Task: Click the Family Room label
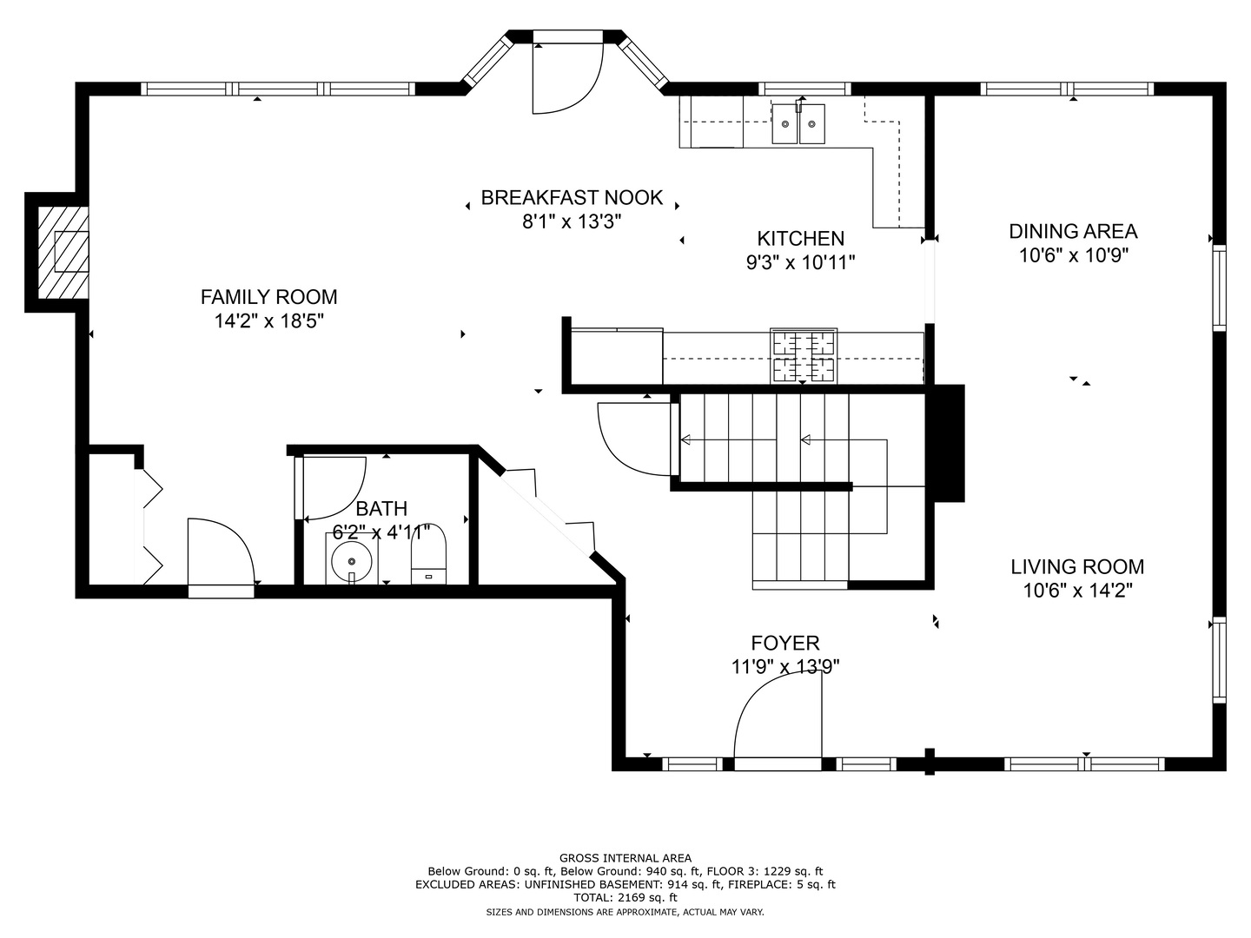[269, 297]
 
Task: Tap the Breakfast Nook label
[572, 198]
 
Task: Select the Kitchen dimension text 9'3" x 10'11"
[801, 262]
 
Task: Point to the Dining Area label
[1073, 231]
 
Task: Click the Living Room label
[1077, 566]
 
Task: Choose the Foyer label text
[785, 643]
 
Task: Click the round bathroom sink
[352, 561]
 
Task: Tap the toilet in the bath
[428, 553]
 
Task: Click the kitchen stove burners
[804, 356]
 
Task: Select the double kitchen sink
[798, 123]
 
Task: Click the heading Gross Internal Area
[625, 858]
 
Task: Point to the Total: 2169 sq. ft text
[625, 898]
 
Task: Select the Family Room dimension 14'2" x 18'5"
[269, 321]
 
